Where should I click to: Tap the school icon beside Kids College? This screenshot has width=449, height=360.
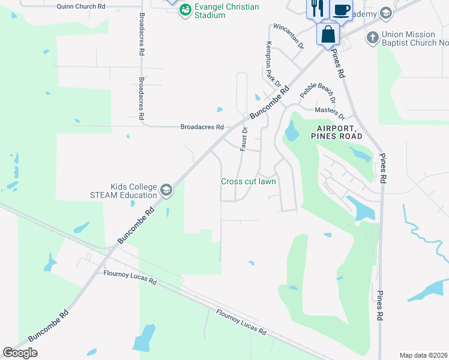[166, 191]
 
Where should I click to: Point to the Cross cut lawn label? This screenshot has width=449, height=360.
[249, 181]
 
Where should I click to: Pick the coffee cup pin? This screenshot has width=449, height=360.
[341, 11]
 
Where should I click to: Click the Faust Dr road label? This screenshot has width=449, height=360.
[244, 139]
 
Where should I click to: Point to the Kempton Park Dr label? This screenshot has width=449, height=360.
[273, 62]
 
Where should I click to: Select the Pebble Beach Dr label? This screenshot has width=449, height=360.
[316, 91]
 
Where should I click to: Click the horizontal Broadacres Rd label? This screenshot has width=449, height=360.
[202, 127]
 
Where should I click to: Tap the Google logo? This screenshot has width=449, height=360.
[20, 353]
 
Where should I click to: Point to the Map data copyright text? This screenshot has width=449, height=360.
[423, 355]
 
